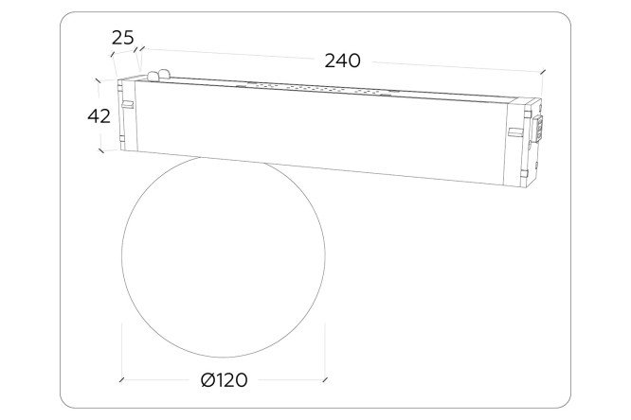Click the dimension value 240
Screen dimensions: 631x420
pyautogui.click(x=342, y=61)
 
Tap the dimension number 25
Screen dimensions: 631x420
pyautogui.click(x=123, y=38)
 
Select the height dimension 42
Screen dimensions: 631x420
pyautogui.click(x=99, y=116)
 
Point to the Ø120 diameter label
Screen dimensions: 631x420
pyautogui.click(x=225, y=380)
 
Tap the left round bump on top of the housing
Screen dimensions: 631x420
pyautogui.click(x=153, y=76)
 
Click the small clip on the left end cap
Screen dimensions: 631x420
pyautogui.click(x=128, y=104)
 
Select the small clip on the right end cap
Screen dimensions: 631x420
pyautogui.click(x=514, y=131)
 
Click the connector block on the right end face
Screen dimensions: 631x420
pyautogui.click(x=538, y=129)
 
